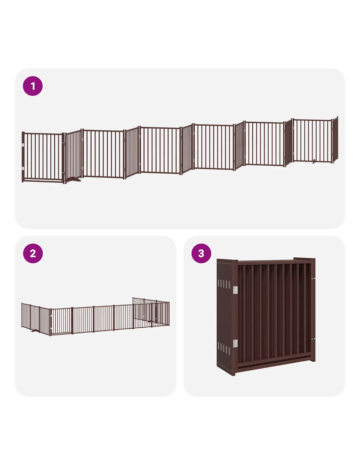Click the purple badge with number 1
click(x=33, y=86)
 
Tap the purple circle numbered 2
click(x=33, y=253)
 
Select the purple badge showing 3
click(x=201, y=253)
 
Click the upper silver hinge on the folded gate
click(x=235, y=290)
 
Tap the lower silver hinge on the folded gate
click(x=235, y=343)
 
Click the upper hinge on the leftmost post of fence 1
click(x=23, y=146)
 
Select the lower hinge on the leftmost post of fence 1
click(x=23, y=169)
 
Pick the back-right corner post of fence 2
click(x=169, y=313)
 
